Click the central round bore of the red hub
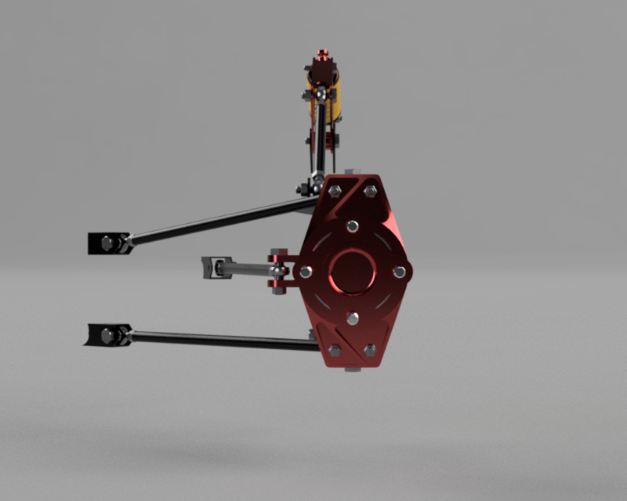(352, 271)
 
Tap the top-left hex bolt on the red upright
(335, 191)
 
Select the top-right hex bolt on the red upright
(370, 191)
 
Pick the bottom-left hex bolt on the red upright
(335, 350)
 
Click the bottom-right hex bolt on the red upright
(370, 350)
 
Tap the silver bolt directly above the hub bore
(353, 226)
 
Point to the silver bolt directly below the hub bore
(353, 318)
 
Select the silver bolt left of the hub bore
(306, 272)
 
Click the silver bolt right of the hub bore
(400, 272)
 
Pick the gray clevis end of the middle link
(211, 267)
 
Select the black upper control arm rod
(219, 221)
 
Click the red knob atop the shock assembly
(321, 58)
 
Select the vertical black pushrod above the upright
(321, 141)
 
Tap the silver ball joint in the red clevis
(277, 271)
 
